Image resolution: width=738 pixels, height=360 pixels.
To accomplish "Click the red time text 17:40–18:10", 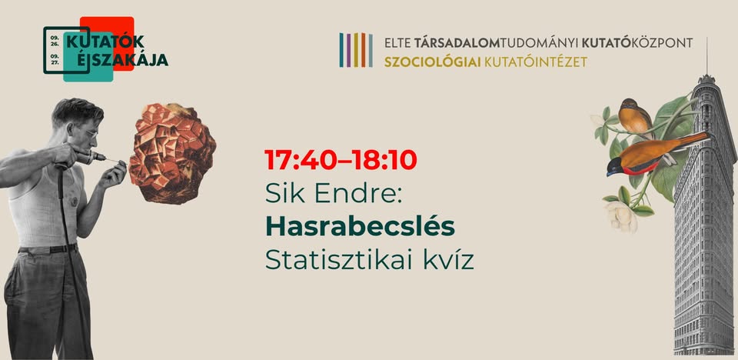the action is click(x=341, y=160).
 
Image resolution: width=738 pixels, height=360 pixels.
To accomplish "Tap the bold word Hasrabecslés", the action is click(x=360, y=227).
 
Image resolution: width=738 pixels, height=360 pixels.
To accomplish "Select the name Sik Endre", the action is click(x=334, y=194).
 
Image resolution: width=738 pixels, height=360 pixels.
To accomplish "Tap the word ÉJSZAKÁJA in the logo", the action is click(x=116, y=60).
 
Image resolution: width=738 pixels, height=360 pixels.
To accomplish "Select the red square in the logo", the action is click(x=108, y=43).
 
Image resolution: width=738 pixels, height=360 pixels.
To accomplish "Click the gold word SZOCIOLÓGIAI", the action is click(x=432, y=62).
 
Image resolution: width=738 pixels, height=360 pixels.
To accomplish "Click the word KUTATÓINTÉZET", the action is click(x=536, y=62).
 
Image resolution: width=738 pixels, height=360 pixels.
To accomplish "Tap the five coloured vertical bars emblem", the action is click(x=356, y=50).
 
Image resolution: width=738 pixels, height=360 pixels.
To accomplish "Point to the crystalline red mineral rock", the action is click(x=172, y=154).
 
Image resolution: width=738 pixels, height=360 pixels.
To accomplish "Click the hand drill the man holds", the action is click(x=87, y=158).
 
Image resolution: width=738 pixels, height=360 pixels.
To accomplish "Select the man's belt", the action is click(x=48, y=248).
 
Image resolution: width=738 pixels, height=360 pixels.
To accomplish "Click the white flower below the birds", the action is click(x=620, y=216).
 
